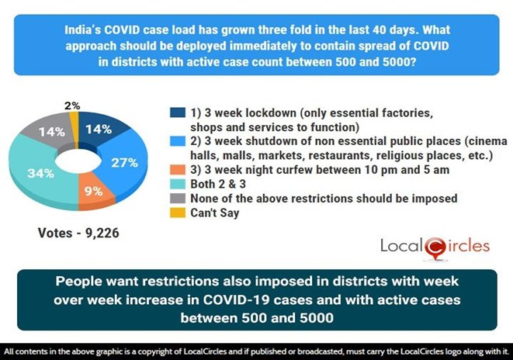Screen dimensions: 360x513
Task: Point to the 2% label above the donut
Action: coord(72,105)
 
